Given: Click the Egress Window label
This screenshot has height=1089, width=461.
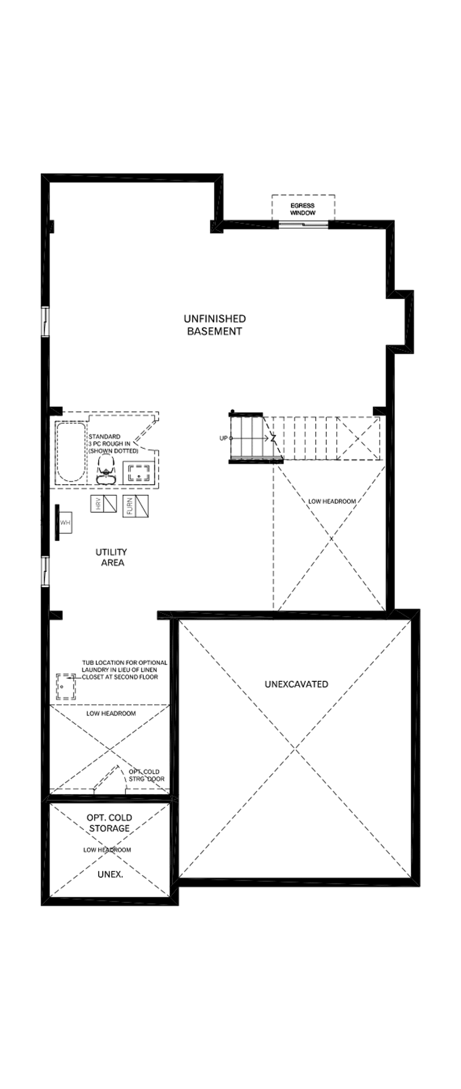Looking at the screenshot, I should (303, 209).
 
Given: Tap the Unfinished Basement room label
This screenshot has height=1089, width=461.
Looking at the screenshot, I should (215, 325).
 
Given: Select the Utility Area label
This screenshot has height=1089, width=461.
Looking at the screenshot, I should (111, 557).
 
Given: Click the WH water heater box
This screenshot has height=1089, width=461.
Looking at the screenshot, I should (65, 523).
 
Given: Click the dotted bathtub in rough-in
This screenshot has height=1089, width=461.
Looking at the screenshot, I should (71, 452).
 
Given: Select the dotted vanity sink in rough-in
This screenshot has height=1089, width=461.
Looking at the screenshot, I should (139, 472).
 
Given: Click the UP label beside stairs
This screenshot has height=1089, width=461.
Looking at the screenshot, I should (223, 439).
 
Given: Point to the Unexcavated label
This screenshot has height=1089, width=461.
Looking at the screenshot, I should (296, 684).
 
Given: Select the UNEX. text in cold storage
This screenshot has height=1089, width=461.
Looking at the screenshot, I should (110, 874).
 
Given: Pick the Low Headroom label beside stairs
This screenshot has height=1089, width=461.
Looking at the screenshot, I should (332, 501).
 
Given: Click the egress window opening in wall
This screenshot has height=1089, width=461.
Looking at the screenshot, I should (303, 224).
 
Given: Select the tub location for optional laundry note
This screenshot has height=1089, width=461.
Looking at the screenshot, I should (124, 670).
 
